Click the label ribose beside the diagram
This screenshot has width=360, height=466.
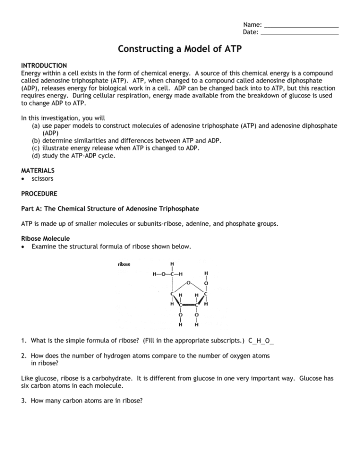[x=124, y=264]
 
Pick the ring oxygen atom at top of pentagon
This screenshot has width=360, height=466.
[x=188, y=282]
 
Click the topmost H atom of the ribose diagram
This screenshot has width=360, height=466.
[x=172, y=264]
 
